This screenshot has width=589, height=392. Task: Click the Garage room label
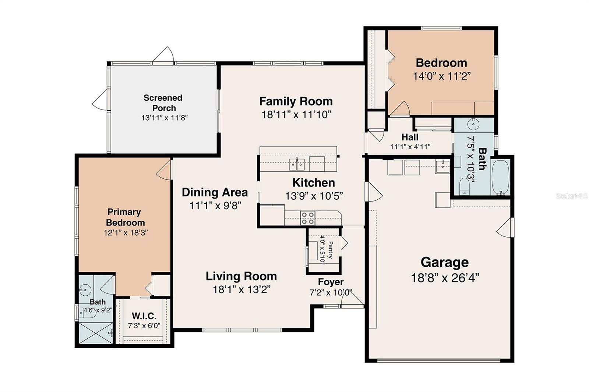tap(445, 263)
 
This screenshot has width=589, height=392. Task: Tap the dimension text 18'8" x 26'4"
tap(445, 278)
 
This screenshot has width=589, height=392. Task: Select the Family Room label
tap(296, 101)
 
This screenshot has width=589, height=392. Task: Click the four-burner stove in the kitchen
tap(308, 218)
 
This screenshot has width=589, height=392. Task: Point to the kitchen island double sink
tap(297, 164)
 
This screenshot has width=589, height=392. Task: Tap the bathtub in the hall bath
tap(500, 177)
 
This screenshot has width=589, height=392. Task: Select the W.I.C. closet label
tap(144, 316)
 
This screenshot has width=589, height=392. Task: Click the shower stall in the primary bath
tap(96, 333)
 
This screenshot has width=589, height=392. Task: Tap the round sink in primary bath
tap(85, 290)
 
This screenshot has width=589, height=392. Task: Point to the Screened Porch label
tap(163, 103)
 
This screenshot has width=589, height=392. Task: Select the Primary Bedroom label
tap(125, 217)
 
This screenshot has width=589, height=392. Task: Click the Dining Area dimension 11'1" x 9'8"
tap(215, 205)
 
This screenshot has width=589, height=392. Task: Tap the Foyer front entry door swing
tap(352, 299)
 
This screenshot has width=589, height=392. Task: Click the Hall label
tap(410, 137)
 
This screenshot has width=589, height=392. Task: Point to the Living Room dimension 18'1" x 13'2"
tap(241, 289)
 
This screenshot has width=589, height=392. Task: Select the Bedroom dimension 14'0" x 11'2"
tap(441, 76)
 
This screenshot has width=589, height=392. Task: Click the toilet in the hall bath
tap(465, 187)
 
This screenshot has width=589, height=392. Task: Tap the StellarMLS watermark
tap(571, 196)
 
